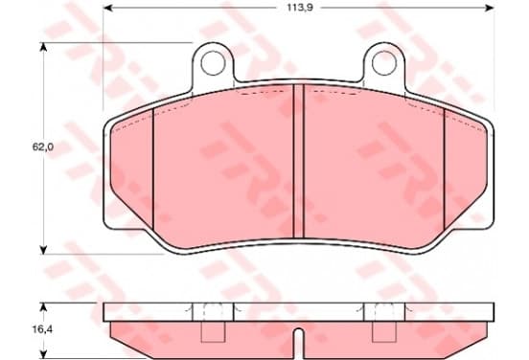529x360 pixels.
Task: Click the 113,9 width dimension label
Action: point(300,8)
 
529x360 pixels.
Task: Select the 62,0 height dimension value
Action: point(43,146)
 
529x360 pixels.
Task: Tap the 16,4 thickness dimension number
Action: point(42,329)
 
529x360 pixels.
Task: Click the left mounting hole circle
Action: point(213,62)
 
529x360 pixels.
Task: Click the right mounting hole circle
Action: point(384,62)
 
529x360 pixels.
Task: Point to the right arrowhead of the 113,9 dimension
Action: point(489,8)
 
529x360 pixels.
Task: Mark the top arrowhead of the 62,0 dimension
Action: point(43,48)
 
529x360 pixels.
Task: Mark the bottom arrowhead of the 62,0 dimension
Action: point(43,250)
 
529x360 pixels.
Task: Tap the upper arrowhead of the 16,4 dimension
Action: point(43,307)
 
